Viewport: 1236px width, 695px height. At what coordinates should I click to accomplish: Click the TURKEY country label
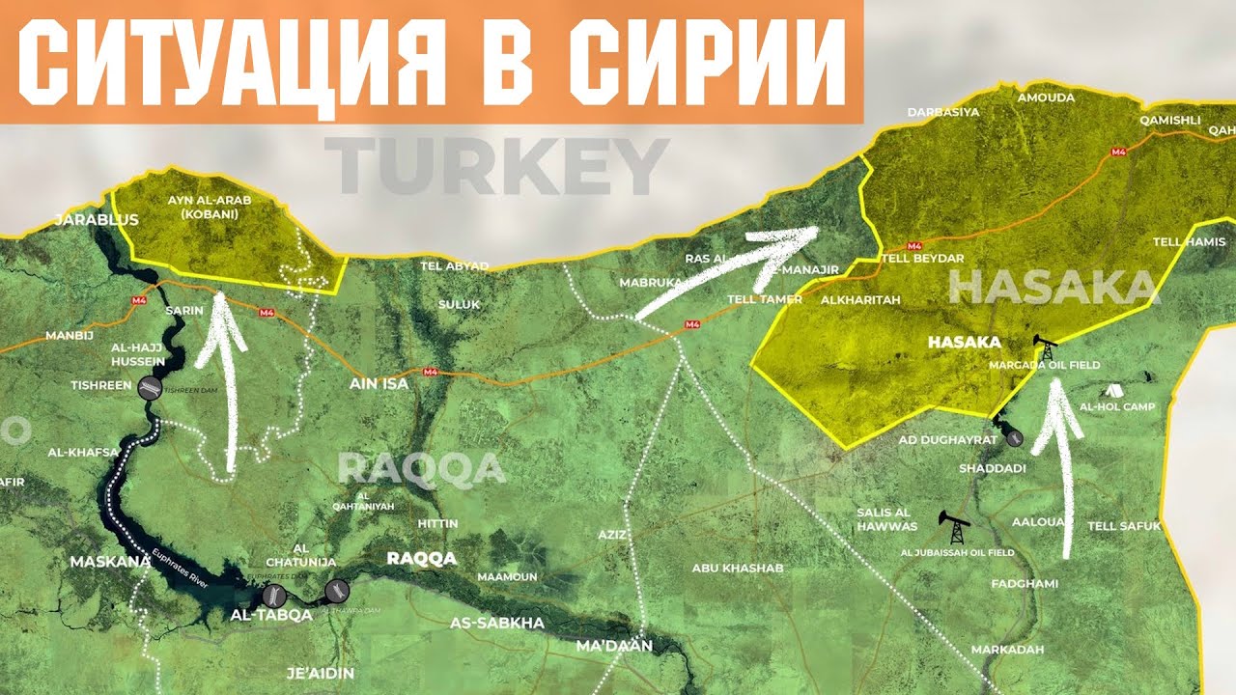pos(496,166)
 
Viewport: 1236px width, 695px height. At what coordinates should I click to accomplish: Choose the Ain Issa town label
pos(378,383)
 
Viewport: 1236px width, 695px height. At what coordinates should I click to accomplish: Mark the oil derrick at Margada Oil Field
pos(1044,347)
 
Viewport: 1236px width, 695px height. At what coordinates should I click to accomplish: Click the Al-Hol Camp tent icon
pos(1113,391)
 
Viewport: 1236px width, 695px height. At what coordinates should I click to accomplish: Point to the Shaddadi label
pos(992,468)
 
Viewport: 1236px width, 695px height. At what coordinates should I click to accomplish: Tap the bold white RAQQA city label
pos(421,558)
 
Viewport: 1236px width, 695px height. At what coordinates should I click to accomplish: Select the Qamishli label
pos(1169,121)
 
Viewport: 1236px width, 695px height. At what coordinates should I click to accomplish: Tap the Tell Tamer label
pos(764,299)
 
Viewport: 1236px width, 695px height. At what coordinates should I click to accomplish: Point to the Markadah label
pos(1006,650)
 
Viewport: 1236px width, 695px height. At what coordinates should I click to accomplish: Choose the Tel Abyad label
pos(454,265)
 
